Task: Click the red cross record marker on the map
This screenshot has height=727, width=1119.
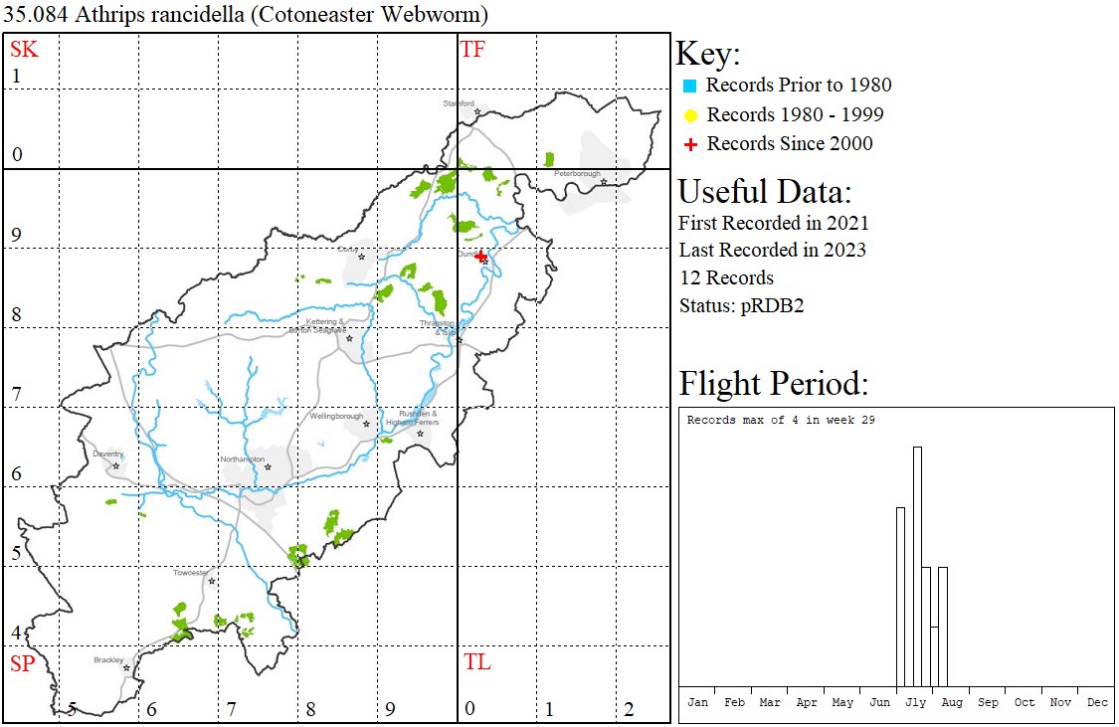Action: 481,257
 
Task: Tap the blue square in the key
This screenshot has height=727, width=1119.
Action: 689,86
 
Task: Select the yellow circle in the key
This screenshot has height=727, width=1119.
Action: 689,115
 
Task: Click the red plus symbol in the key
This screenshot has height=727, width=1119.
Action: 689,144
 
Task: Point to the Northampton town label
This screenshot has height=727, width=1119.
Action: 243,459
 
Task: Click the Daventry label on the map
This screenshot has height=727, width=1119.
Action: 107,454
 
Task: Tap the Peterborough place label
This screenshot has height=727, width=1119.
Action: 578,174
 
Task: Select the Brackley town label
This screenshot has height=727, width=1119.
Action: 108,659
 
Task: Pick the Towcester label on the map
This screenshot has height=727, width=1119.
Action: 191,573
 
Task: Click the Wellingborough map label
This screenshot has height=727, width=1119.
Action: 336,416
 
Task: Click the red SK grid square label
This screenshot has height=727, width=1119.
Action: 24,49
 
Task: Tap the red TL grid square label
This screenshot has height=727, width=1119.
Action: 477,662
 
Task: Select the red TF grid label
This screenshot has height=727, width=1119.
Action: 472,49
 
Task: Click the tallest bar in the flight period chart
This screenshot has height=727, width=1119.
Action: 917,566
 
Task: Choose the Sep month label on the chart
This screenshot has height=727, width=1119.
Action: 988,702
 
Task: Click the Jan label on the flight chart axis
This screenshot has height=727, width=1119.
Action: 698,702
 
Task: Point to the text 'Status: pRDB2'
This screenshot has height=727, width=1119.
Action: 741,305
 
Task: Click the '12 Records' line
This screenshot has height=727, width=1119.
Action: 726,277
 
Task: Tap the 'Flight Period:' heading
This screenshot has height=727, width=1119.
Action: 774,383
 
